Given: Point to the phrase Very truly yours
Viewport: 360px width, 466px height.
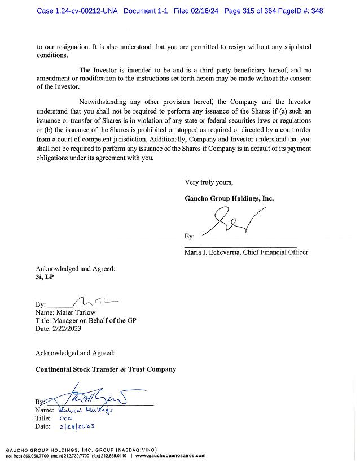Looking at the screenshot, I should [209, 182].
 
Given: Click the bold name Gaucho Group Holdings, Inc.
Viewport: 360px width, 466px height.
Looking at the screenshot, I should [229, 198].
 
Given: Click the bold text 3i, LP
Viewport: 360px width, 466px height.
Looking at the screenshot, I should [45, 277].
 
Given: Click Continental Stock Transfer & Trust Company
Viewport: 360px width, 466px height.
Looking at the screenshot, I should [106, 369].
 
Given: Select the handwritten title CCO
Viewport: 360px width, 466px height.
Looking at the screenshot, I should [65, 419].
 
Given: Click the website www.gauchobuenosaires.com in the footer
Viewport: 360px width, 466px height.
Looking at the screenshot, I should [170, 456].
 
